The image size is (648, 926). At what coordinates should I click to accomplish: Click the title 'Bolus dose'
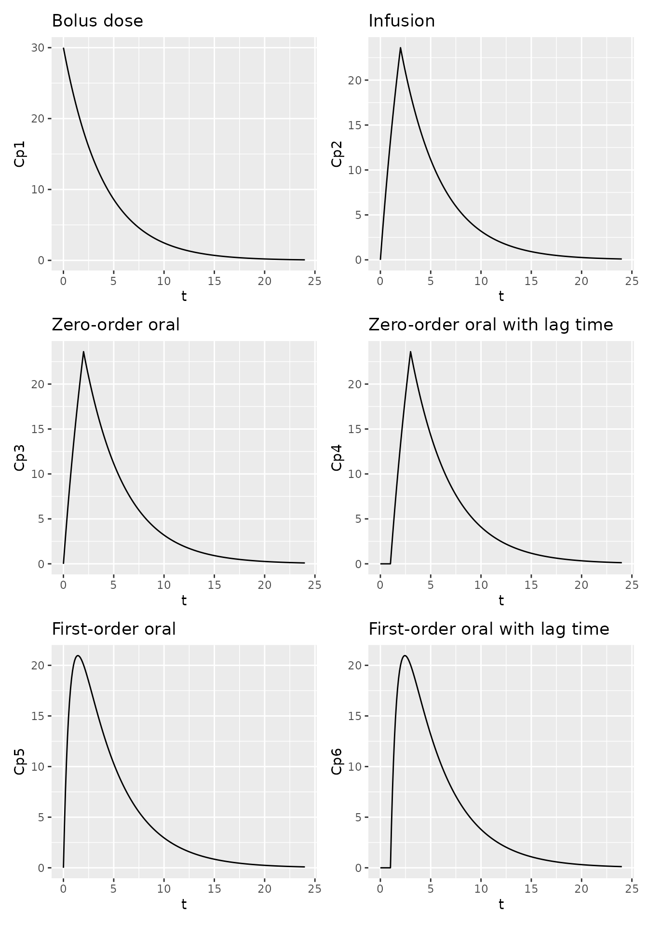[97, 21]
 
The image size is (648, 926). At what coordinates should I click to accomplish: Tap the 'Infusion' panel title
[401, 21]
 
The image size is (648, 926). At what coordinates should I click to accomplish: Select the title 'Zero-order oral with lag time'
[490, 325]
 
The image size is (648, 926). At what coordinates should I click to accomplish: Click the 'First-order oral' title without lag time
[113, 629]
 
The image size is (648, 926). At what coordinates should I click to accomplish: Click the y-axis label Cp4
[337, 457]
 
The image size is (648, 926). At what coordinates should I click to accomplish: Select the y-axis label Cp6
[337, 761]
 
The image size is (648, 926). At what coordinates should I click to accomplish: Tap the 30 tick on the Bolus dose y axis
[39, 48]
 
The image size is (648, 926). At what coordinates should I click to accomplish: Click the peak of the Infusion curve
[400, 48]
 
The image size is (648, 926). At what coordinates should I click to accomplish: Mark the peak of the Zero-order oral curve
[83, 352]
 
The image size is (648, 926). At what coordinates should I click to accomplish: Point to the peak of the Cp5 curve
[78, 655]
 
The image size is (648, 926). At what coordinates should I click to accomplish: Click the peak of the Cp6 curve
[405, 655]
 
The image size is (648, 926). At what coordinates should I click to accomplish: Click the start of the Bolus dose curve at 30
[64, 48]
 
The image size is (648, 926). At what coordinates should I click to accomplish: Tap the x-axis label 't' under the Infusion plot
[501, 296]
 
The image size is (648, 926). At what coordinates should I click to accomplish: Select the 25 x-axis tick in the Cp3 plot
[315, 585]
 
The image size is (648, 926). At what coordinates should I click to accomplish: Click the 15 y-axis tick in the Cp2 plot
[354, 125]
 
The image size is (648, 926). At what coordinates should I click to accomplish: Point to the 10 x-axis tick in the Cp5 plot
[164, 889]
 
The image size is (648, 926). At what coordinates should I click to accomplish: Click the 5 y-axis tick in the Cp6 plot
[358, 817]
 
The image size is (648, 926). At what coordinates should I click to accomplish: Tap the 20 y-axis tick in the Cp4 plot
[354, 384]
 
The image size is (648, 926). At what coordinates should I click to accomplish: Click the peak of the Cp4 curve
[410, 352]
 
